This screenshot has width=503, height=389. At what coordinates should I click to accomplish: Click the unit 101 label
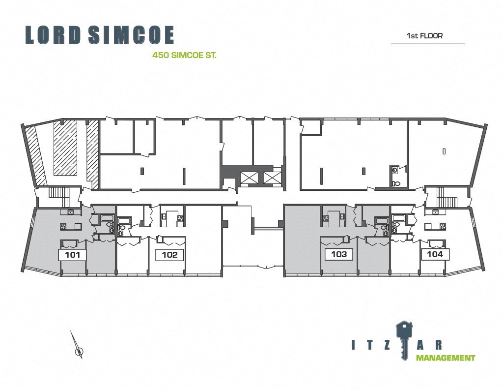[73, 255]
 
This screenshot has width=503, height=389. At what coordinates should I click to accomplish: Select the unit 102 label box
[169, 255]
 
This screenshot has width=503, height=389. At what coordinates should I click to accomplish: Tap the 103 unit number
[339, 254]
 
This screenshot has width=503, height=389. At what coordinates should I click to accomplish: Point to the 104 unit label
[435, 254]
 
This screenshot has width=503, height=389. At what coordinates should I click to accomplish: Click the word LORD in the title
[53, 35]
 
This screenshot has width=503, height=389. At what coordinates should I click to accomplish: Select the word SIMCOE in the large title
[131, 35]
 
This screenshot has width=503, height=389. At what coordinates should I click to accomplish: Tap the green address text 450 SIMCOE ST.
[185, 56]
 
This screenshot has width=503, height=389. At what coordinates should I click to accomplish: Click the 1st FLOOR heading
[424, 36]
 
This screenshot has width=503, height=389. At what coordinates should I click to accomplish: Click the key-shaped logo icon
[404, 337]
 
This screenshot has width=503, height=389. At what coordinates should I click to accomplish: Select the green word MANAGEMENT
[446, 358]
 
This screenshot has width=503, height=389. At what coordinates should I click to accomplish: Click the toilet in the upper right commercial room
[396, 183]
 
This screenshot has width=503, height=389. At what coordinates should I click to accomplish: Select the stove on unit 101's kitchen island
[63, 227]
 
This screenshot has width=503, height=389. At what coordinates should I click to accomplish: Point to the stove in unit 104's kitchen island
[442, 227]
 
